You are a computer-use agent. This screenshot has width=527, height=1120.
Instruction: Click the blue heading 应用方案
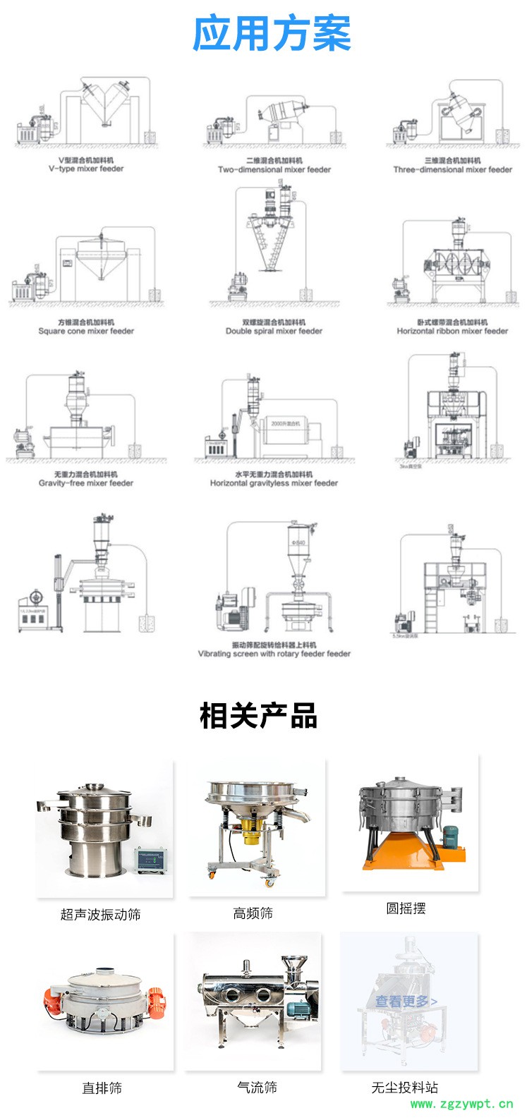[x=272, y=33]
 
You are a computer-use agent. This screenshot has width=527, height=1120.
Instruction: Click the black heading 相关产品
[x=259, y=716]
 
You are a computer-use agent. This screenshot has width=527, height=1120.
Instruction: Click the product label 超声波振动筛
[x=100, y=915]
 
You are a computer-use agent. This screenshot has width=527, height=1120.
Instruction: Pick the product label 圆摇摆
[x=406, y=908]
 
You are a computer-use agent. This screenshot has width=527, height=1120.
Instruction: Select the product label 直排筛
[x=102, y=1088]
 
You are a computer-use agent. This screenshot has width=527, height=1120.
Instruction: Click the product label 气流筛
[x=257, y=1088]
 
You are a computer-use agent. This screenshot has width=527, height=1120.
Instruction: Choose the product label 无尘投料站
[x=405, y=1088]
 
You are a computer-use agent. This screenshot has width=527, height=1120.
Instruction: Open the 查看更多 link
[x=406, y=1002]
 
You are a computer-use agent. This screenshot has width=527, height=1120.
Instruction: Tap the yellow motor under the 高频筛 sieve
[x=252, y=832]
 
